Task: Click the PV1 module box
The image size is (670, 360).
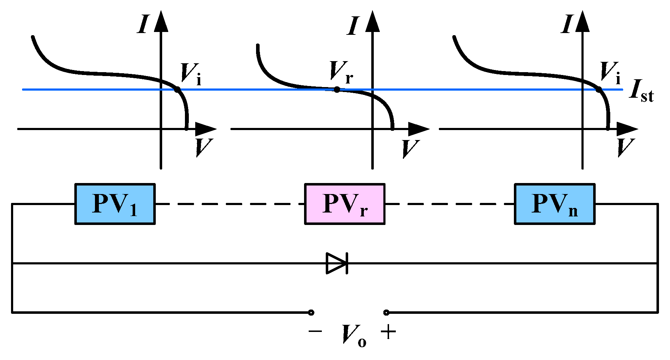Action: point(115,204)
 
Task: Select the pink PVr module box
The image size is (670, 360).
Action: point(345,204)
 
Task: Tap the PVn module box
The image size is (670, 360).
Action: point(554,204)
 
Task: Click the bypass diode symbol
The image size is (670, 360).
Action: point(337,263)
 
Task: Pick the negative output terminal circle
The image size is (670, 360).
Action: point(311,313)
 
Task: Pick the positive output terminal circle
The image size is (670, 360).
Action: point(386,313)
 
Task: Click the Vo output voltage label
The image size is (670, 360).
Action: point(353,335)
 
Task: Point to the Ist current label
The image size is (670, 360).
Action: point(641,91)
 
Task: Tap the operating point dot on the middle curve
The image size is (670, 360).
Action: point(337,90)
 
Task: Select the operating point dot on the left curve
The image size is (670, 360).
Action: point(177,90)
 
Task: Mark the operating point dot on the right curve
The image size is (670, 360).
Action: point(599,90)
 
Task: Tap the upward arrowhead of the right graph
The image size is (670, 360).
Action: point(583,21)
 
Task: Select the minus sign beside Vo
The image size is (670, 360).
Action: point(315,332)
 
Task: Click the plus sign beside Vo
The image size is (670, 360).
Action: point(388,332)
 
